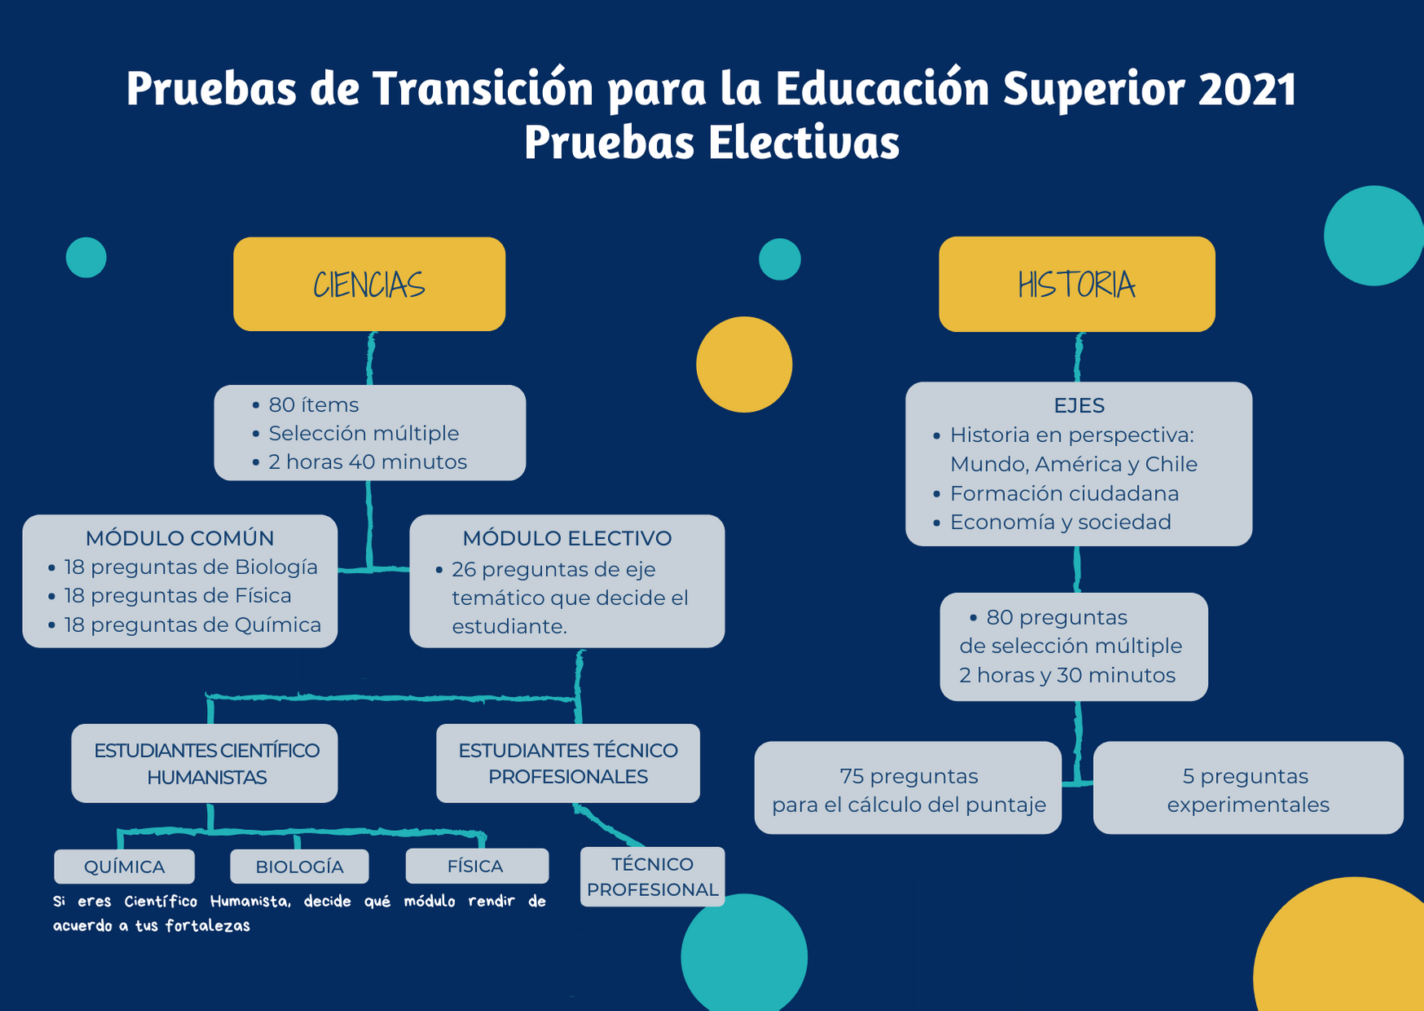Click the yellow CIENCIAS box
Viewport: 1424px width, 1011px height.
point(369,284)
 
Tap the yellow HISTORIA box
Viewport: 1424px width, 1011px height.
point(1077,284)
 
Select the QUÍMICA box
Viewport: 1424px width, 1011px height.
point(125,866)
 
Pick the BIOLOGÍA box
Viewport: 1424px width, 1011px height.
point(299,866)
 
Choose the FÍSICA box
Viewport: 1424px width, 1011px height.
point(477,865)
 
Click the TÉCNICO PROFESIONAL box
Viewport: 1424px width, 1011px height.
point(652,876)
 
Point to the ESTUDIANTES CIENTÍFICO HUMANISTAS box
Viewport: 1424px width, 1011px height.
point(205,763)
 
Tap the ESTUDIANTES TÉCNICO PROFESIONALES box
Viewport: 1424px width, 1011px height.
point(568,763)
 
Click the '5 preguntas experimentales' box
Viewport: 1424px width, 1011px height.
point(1248,788)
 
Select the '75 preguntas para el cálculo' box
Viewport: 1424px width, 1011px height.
point(908,788)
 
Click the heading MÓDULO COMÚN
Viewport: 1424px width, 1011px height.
point(179,538)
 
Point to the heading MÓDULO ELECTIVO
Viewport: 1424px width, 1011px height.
point(567,538)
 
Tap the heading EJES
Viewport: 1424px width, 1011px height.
point(1079,405)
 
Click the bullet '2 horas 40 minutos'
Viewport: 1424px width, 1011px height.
point(368,461)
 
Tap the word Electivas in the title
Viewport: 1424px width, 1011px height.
point(803,142)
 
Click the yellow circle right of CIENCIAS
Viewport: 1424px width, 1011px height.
point(744,364)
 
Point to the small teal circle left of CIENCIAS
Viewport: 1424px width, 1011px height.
point(86,258)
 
